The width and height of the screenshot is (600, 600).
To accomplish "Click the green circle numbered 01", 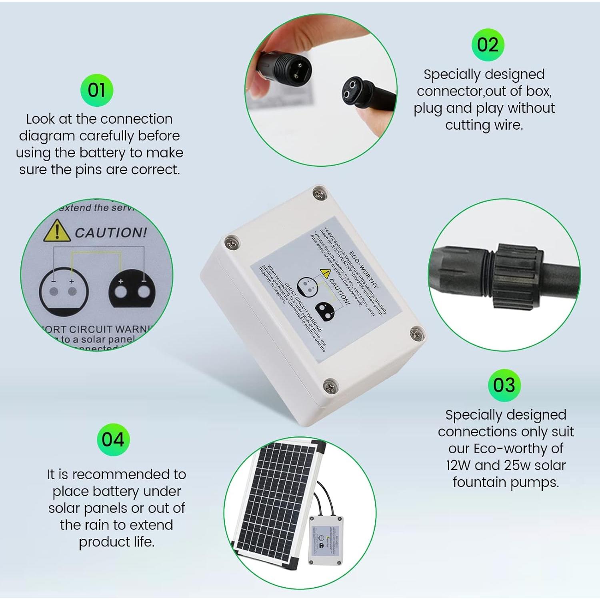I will tap(97, 90).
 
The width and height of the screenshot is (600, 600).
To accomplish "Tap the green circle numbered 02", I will tap(488, 45).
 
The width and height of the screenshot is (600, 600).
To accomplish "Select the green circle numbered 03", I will tap(504, 385).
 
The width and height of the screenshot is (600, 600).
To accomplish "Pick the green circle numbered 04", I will tap(113, 440).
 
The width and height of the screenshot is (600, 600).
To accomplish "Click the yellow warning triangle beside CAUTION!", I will tap(57, 231).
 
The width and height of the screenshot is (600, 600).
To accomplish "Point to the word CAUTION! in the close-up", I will tap(111, 232).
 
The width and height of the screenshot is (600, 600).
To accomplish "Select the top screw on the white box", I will tap(319, 194).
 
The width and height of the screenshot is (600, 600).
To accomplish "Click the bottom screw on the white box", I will tap(330, 386).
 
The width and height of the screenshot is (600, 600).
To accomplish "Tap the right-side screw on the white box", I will tap(417, 333).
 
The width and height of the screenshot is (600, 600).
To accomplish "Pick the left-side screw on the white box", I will tap(232, 242).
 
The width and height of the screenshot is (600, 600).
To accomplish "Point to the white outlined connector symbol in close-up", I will tap(63, 290).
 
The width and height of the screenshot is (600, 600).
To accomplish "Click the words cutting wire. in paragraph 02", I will tap(484, 125).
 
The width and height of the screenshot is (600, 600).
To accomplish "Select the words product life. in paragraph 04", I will tap(116, 542).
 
